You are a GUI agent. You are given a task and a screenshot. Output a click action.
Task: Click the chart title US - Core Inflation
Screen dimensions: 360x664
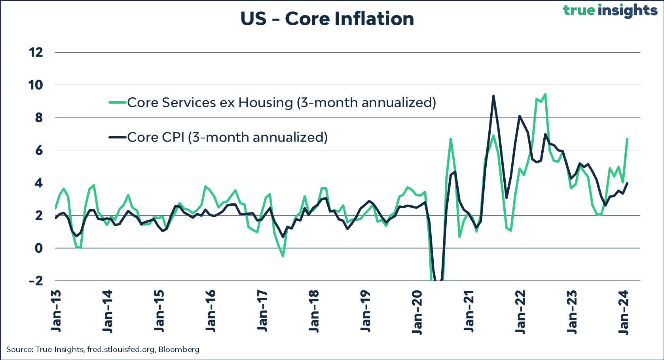tap(327, 19)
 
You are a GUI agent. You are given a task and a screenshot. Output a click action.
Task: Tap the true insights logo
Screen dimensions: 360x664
tap(610, 11)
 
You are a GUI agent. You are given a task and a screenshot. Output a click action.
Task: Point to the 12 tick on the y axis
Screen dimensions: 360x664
tap(36, 52)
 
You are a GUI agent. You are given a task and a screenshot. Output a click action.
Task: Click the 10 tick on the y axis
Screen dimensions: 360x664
tap(36, 85)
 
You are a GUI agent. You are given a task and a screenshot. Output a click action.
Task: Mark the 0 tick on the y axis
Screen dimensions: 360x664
tap(38, 248)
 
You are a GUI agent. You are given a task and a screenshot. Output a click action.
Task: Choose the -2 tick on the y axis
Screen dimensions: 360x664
tap(36, 281)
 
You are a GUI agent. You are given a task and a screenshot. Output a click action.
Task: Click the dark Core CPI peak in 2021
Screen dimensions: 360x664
tap(493, 96)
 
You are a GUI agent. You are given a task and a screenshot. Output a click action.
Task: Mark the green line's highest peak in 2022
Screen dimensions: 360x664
tap(545, 94)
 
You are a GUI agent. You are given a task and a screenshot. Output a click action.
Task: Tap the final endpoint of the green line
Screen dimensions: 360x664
tap(628, 139)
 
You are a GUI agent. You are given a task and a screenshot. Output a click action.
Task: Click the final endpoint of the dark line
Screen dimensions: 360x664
tap(628, 183)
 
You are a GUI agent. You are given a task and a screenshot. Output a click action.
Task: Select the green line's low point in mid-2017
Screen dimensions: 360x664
tap(283, 256)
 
